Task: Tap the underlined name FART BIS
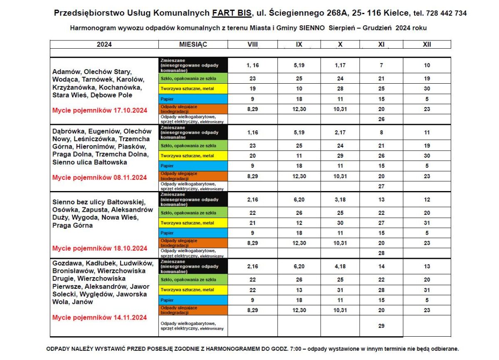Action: point(232,13)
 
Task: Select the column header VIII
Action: point(252,45)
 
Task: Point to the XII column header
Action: point(427,45)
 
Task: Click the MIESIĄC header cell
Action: point(193,45)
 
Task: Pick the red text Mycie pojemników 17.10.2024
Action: point(99,110)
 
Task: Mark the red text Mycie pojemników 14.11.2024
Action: point(99,318)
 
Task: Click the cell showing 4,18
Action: point(340,267)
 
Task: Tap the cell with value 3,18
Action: point(340,200)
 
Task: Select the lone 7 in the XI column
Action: point(381,65)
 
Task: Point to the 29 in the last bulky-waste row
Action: point(381,326)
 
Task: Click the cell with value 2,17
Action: point(340,132)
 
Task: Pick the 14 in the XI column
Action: point(381,267)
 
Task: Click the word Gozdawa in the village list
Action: point(66,263)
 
